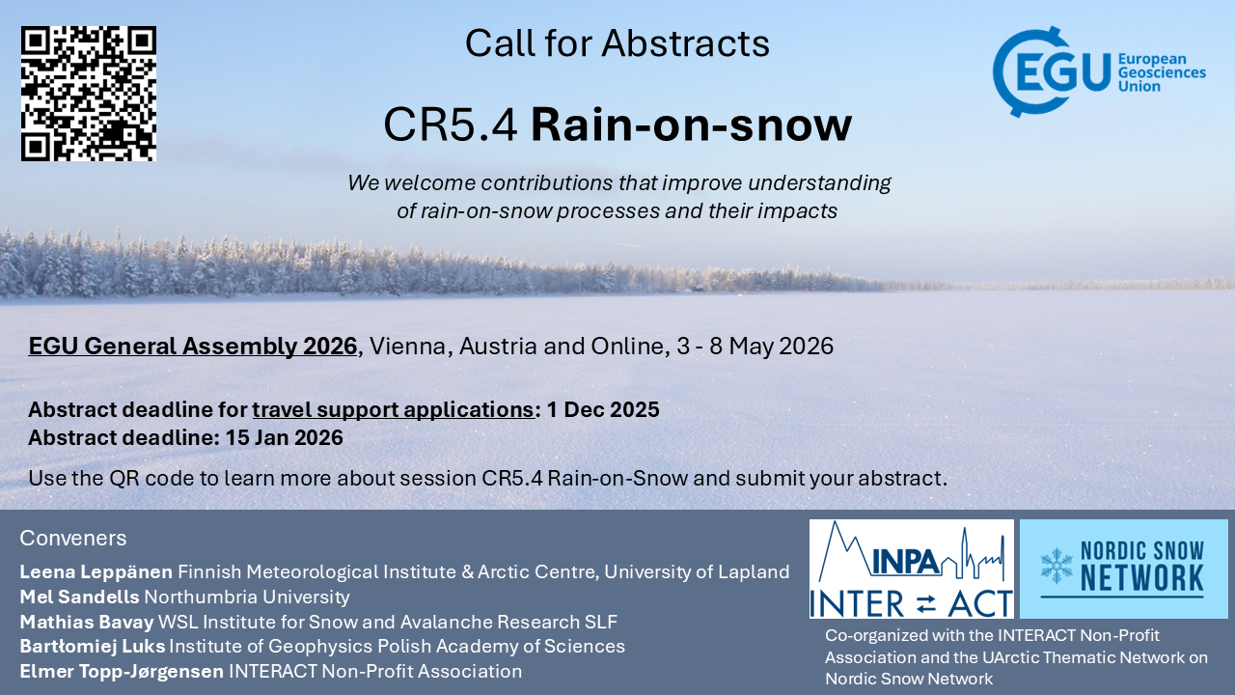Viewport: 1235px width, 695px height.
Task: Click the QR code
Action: (x=89, y=94)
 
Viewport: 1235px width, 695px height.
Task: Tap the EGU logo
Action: (x=1099, y=71)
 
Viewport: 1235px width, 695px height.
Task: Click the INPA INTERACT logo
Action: (x=912, y=569)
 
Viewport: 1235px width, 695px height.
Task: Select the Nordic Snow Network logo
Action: (x=1124, y=569)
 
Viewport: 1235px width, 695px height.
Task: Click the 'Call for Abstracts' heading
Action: (x=617, y=43)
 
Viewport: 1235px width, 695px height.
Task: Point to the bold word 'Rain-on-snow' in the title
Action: (x=692, y=125)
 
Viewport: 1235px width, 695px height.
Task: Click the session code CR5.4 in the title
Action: (x=451, y=125)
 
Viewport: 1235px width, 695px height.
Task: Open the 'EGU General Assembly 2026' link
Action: (x=193, y=347)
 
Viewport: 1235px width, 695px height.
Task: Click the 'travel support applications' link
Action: (x=393, y=410)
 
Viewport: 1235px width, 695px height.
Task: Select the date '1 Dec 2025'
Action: (x=603, y=410)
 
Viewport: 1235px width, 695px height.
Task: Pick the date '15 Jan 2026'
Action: (x=285, y=438)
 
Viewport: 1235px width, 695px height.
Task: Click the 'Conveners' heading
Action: (x=73, y=538)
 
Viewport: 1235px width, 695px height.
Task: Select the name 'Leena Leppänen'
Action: (x=96, y=572)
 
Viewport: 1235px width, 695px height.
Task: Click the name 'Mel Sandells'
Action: (x=79, y=597)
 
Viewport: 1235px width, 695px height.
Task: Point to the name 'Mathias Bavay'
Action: (x=87, y=623)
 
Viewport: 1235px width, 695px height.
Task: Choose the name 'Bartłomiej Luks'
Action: (x=93, y=647)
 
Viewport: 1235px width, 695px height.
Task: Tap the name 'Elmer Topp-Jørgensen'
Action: (x=122, y=672)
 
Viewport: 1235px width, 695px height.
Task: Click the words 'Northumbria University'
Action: (x=247, y=597)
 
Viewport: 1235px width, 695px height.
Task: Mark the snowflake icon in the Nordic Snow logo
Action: (x=1057, y=566)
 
